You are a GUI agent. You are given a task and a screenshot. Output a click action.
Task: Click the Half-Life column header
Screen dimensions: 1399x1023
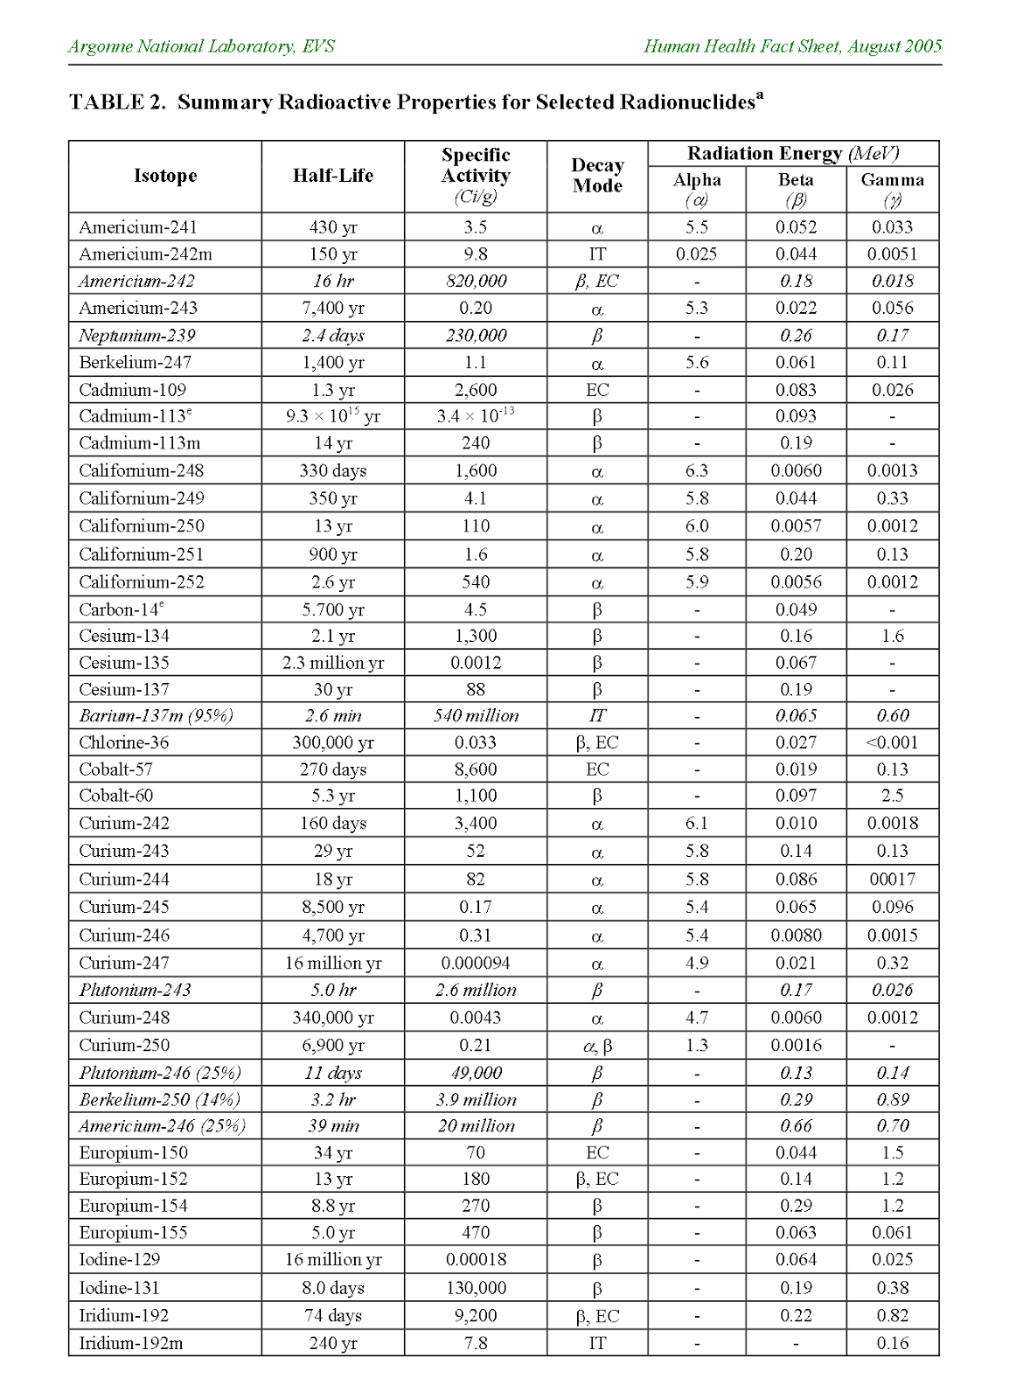pyautogui.click(x=332, y=176)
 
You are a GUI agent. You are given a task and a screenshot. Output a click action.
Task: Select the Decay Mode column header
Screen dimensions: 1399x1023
pyautogui.click(x=597, y=176)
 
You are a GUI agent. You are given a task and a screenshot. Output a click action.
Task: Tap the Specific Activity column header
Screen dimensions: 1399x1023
pyautogui.click(x=476, y=175)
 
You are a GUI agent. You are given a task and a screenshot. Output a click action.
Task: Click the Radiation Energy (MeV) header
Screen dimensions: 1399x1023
pyautogui.click(x=793, y=154)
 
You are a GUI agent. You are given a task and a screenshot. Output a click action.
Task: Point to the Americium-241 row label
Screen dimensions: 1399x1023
pyautogui.click(x=138, y=227)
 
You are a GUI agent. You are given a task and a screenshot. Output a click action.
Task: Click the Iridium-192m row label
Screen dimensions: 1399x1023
pyautogui.click(x=131, y=1343)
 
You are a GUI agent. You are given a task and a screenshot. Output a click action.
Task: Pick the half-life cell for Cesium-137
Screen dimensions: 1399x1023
pyautogui.click(x=332, y=689)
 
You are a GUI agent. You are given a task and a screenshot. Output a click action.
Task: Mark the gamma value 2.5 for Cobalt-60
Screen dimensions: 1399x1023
pyautogui.click(x=892, y=796)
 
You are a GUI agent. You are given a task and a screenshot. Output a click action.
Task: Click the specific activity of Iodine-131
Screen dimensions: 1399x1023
pyautogui.click(x=476, y=1288)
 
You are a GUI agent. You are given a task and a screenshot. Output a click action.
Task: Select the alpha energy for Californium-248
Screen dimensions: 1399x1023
pyautogui.click(x=697, y=470)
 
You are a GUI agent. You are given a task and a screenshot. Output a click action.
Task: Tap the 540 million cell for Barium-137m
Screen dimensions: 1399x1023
pyautogui.click(x=476, y=715)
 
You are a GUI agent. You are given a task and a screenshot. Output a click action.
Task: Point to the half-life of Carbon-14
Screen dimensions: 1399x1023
pyautogui.click(x=332, y=609)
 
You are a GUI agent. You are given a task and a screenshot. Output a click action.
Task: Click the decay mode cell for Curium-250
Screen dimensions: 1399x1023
pyautogui.click(x=597, y=1046)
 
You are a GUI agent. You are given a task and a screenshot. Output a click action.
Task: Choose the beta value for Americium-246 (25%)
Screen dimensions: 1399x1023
pyautogui.click(x=796, y=1126)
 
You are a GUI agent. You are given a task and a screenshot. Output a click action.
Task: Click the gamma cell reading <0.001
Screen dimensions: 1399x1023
pyautogui.click(x=892, y=742)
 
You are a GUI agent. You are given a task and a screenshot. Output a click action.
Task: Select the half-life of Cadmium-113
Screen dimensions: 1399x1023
pyautogui.click(x=332, y=416)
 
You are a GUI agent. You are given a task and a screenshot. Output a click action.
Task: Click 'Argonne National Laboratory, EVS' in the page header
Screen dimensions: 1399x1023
pyautogui.click(x=201, y=46)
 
